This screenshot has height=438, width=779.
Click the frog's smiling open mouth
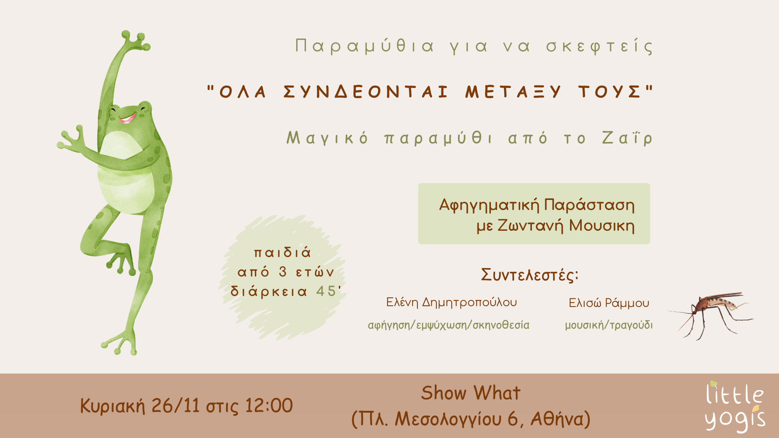(127, 118)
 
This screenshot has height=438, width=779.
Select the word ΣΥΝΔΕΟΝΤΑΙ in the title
(366, 92)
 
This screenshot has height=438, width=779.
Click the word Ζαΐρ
(627, 138)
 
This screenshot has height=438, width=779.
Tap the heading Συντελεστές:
(529, 275)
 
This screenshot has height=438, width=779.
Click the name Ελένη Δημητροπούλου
(452, 303)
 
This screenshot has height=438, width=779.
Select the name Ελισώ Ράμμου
(609, 303)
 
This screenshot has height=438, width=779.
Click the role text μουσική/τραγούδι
(609, 325)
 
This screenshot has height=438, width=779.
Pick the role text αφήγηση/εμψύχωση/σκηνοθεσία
(448, 325)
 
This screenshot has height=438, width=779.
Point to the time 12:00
(269, 405)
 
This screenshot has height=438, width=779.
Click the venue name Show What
(471, 393)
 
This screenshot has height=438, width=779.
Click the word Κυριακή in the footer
(112, 406)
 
